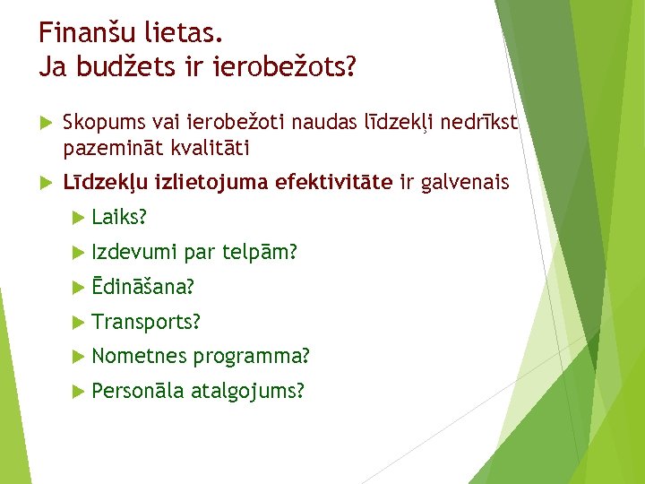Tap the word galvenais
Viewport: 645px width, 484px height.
point(465,183)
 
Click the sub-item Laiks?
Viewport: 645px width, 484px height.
point(119,218)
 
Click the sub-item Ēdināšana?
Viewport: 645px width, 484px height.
point(143,288)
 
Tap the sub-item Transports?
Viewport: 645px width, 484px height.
point(146,322)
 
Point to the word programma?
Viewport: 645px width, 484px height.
point(252,356)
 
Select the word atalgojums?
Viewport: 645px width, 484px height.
point(247,391)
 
